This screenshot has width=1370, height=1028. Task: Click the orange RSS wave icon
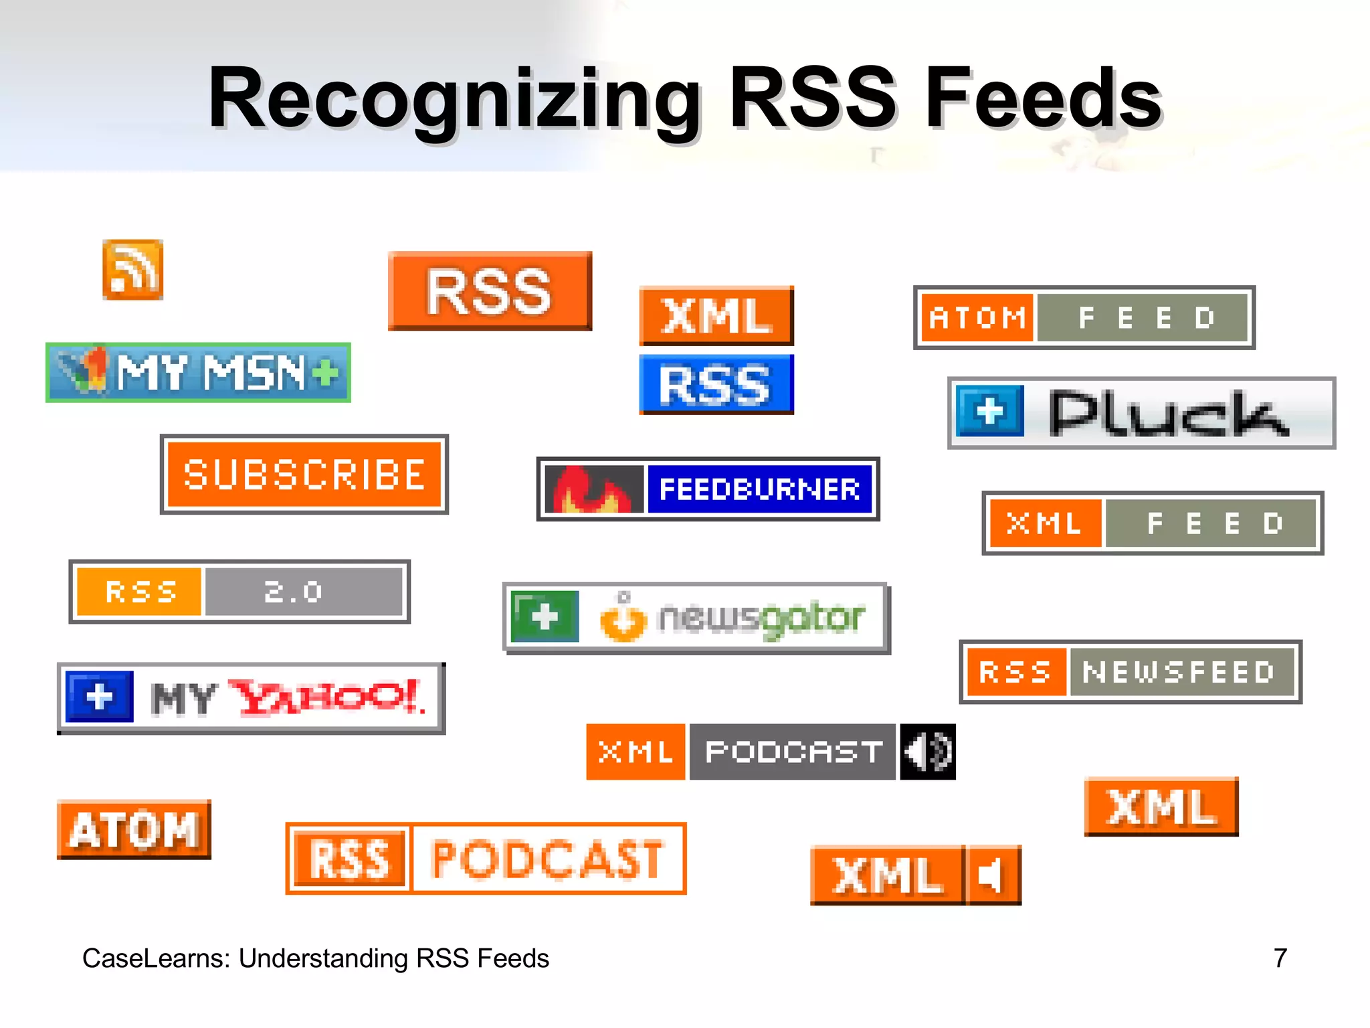132,270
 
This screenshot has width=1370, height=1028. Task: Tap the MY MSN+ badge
198,373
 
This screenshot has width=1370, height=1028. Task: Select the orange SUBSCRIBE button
304,475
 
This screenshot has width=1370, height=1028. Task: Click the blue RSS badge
716,385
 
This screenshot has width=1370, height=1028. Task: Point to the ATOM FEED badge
1084,318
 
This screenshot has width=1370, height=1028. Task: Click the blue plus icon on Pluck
990,411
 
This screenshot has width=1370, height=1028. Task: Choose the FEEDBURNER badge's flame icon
593,489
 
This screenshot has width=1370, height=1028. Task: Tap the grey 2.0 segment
304,592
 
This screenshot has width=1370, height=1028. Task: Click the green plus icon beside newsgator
545,616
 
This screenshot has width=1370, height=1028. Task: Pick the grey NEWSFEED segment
1180,672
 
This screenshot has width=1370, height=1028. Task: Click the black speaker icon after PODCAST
927,752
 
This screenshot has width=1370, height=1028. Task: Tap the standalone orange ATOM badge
134,830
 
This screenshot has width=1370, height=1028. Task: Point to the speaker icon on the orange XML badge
991,875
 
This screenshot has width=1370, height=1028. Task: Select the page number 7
1280,958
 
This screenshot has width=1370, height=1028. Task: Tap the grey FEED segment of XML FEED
1211,523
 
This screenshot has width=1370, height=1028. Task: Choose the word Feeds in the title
1044,98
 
